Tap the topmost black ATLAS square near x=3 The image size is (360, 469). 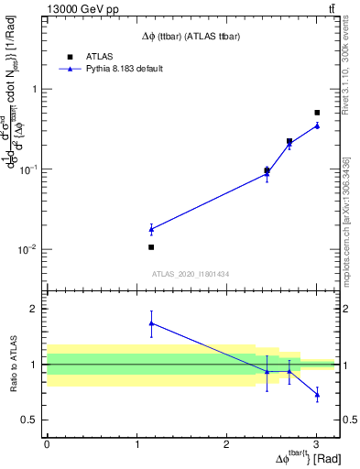pos(317,113)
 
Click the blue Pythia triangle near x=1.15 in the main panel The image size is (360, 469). pos(151,229)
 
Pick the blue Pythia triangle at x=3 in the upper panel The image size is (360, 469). pos(317,125)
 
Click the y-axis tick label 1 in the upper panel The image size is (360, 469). pos(33,90)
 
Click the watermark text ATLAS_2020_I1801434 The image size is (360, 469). pos(190,275)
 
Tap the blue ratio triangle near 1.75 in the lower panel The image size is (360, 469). pos(151,322)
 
